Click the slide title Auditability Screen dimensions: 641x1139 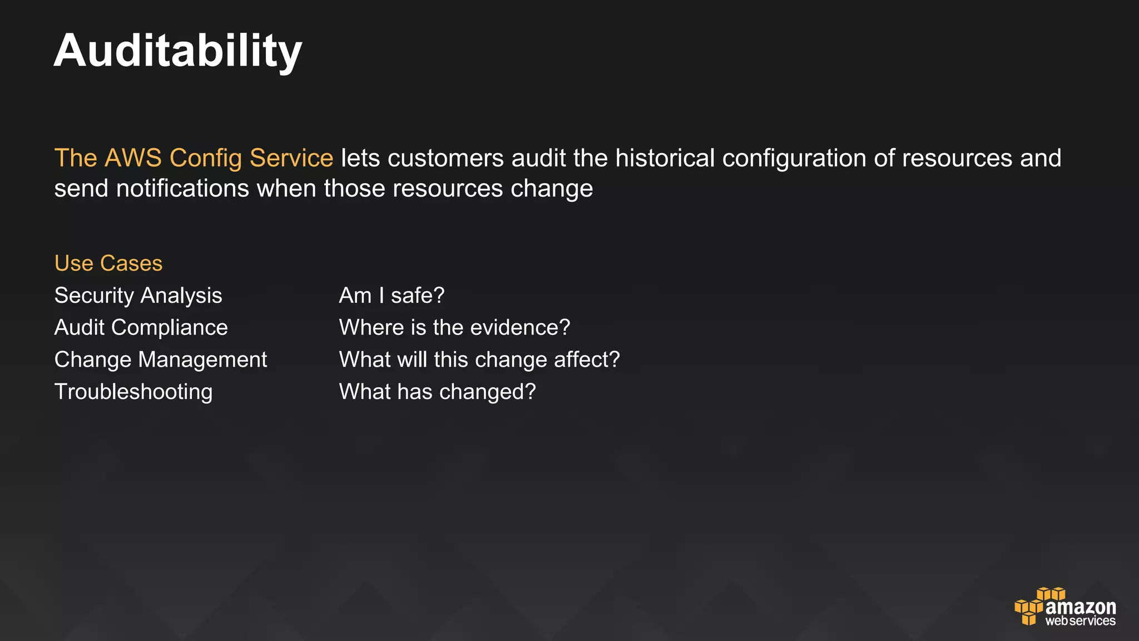click(178, 51)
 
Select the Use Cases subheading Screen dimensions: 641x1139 click(108, 263)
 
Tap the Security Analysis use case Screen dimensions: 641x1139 click(138, 295)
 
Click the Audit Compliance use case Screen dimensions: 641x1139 click(141, 328)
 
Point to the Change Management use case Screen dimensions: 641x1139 click(161, 360)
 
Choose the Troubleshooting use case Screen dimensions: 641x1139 click(133, 392)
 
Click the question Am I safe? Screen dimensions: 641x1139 click(392, 295)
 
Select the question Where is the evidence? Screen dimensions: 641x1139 click(454, 328)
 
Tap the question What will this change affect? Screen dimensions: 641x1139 click(479, 360)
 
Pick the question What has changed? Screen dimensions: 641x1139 click(437, 392)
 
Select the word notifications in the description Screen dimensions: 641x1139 click(182, 189)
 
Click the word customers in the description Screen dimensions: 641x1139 click(445, 158)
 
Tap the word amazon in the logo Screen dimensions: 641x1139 click(1080, 607)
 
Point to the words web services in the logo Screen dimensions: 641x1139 click(1080, 621)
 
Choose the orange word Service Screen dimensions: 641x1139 click(291, 158)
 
